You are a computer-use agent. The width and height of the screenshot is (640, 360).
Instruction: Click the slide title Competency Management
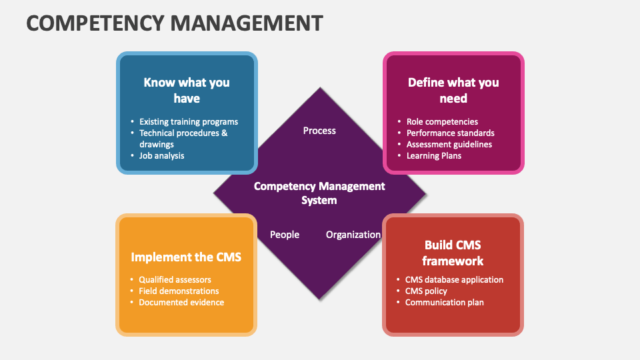tap(175, 23)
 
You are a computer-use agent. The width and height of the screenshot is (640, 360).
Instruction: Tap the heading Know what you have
tap(187, 90)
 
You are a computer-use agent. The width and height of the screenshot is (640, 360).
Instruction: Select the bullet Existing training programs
tap(189, 122)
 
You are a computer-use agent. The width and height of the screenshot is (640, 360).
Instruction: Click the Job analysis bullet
tap(161, 155)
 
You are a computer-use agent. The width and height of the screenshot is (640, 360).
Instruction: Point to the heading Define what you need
tap(453, 90)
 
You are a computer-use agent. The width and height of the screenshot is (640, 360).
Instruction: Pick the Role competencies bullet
tap(442, 122)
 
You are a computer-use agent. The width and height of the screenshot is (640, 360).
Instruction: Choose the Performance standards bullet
tap(450, 133)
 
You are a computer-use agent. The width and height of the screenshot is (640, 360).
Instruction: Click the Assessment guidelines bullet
tap(449, 144)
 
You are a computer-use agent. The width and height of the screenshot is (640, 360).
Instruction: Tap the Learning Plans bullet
tap(434, 155)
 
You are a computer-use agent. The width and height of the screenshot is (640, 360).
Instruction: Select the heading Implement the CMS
tap(186, 257)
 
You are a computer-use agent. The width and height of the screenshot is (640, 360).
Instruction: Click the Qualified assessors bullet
tap(175, 280)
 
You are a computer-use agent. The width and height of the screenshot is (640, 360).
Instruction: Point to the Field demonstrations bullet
tap(179, 291)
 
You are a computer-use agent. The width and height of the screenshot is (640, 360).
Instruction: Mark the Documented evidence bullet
tap(181, 303)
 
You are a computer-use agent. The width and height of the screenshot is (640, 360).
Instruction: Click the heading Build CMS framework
tap(453, 253)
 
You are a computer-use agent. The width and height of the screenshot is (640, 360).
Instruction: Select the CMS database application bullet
tap(454, 280)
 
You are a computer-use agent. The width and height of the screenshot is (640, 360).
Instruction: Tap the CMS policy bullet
tap(426, 291)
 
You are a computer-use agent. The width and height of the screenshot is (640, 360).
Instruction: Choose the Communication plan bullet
tap(444, 303)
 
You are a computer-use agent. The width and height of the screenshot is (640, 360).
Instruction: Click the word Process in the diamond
tap(319, 131)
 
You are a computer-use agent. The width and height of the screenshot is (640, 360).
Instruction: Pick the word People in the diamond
tap(285, 235)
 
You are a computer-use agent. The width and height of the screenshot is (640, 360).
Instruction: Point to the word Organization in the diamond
tap(353, 235)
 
